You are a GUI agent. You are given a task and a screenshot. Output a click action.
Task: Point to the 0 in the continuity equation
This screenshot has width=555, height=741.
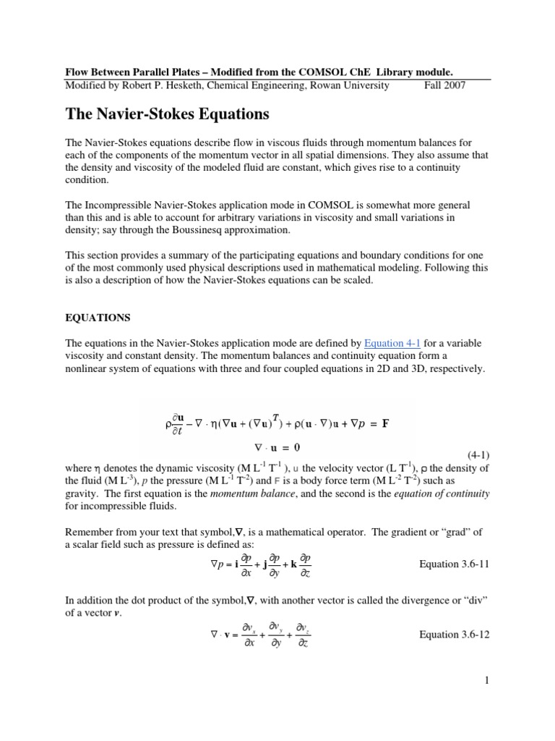pos(296,447)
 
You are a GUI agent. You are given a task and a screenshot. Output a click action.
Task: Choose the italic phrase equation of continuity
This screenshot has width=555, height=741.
pos(442,494)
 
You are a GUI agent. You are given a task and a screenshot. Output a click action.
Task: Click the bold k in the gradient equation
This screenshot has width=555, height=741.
pos(293,564)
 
